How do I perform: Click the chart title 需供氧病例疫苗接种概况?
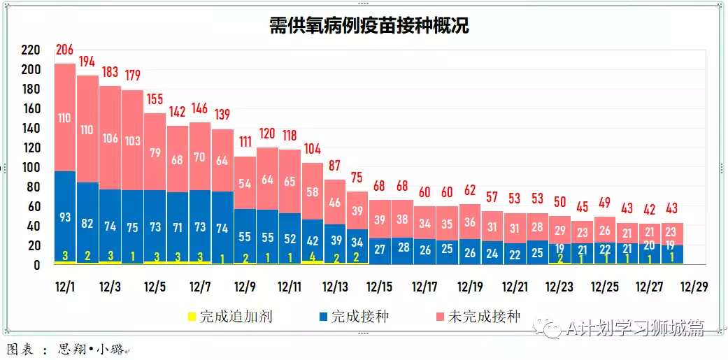[x=369, y=27]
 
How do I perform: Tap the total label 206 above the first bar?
[x=65, y=49]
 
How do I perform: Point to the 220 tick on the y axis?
[x=31, y=50]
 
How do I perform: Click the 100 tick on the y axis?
[x=31, y=168]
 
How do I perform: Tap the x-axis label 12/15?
[x=379, y=287]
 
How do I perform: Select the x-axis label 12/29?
[x=694, y=287]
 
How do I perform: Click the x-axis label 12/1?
[x=65, y=287]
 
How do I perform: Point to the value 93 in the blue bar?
[x=65, y=217]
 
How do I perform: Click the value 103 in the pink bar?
[x=133, y=141]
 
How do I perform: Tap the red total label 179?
[x=133, y=75]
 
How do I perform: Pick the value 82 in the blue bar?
[x=87, y=223]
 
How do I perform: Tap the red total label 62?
[x=469, y=189]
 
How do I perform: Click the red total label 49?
[x=604, y=202]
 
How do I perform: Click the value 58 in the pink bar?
[x=312, y=192]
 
